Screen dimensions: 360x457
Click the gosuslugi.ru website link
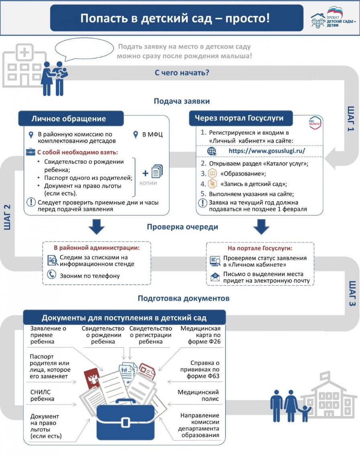267,151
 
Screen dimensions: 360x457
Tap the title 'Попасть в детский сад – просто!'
175,18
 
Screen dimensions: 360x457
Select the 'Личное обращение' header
69,119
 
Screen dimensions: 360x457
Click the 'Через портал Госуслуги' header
239,118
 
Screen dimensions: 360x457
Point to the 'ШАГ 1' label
351,119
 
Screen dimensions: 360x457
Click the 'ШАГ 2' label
8,217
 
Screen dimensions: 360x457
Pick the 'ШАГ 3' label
352,293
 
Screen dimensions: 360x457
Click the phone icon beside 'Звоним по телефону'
51,275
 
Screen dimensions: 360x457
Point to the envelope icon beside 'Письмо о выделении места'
215,277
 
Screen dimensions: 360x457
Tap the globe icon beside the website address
212,151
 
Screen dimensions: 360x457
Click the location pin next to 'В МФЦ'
135,135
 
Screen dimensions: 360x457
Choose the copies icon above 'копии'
157,171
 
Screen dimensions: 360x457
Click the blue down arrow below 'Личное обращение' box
96,226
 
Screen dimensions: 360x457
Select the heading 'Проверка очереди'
182,227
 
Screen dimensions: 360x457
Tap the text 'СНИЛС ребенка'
42,396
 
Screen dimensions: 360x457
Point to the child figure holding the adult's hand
305,413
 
